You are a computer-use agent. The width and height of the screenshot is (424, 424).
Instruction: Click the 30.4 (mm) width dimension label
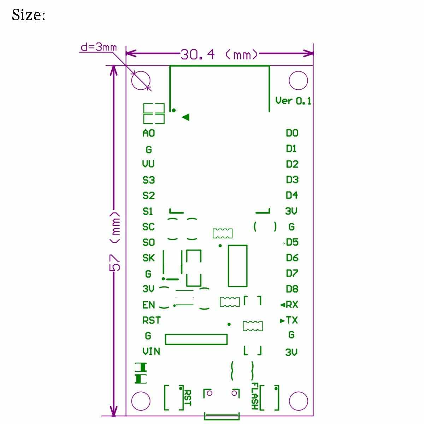click(219, 54)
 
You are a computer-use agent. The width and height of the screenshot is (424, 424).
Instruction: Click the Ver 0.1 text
click(293, 101)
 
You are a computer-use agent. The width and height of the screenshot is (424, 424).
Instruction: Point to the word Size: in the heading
click(28, 15)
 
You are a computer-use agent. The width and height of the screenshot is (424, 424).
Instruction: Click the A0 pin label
click(148, 133)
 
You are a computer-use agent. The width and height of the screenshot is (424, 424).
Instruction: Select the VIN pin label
click(151, 351)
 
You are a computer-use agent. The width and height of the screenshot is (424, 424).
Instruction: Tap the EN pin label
click(148, 305)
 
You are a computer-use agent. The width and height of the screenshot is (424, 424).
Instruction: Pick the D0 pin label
click(292, 133)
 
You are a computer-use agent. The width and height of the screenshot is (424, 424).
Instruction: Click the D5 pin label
click(292, 242)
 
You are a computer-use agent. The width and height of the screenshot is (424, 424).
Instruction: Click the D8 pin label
click(292, 289)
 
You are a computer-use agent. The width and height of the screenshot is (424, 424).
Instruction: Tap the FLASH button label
click(255, 396)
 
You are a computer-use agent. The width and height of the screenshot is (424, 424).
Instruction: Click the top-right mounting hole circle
click(298, 81)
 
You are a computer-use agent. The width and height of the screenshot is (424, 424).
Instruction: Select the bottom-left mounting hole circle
click(141, 401)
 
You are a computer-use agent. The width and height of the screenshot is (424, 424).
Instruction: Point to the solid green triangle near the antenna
click(185, 117)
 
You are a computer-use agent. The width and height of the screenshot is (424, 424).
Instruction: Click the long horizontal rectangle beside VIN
click(196, 339)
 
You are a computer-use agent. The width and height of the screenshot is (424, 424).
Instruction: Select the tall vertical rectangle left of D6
click(237, 265)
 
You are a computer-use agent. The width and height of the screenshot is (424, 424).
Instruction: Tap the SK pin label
click(148, 258)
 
